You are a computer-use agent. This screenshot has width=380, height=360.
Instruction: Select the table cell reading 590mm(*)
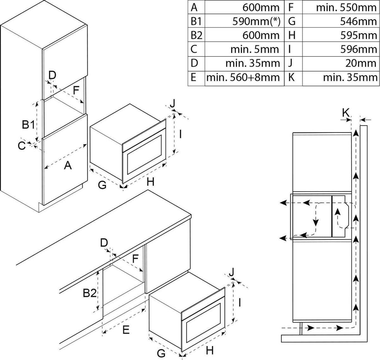[x=256, y=21]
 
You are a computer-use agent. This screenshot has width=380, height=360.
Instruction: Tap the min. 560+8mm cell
[x=243, y=77]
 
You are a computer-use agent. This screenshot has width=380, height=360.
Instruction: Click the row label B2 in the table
[x=196, y=35]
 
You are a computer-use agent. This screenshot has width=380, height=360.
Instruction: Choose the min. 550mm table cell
[x=346, y=7]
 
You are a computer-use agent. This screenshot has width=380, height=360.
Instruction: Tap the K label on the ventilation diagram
[x=346, y=112]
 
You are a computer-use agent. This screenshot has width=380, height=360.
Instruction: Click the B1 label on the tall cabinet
[x=28, y=125]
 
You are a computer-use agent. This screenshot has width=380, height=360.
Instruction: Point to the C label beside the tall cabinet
[x=22, y=146]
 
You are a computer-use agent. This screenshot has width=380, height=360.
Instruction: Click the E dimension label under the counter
[x=126, y=330]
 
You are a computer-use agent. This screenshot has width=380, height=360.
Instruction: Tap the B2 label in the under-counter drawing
[x=90, y=294]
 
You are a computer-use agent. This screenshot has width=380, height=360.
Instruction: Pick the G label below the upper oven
[x=102, y=185]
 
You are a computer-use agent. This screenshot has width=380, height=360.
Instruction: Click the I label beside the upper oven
[x=180, y=135]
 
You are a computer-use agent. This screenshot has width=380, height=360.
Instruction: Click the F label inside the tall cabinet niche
[x=75, y=90]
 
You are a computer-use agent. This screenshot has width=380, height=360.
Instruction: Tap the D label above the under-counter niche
[x=104, y=243]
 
